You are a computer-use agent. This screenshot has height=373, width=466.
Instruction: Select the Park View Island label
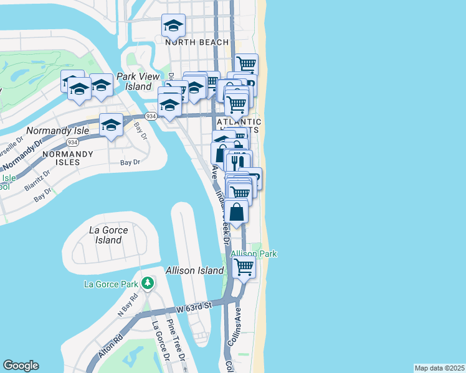pyautogui.click(x=135, y=81)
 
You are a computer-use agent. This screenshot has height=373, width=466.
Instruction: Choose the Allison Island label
pyautogui.click(x=194, y=270)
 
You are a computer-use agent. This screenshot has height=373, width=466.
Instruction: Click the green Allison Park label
pyautogui.click(x=254, y=254)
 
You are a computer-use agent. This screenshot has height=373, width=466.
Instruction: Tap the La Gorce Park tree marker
pyautogui.click(x=148, y=284)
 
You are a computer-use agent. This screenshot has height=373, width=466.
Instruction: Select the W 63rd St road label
pyautogui.click(x=194, y=306)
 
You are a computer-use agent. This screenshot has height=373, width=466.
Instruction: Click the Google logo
pyautogui.click(x=21, y=366)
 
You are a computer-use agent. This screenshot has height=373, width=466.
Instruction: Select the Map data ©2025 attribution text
pyautogui.click(x=439, y=368)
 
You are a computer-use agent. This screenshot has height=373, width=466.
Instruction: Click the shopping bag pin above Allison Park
pyautogui.click(x=237, y=212)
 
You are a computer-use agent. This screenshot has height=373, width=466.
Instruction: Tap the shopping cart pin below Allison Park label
pyautogui.click(x=244, y=267)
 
